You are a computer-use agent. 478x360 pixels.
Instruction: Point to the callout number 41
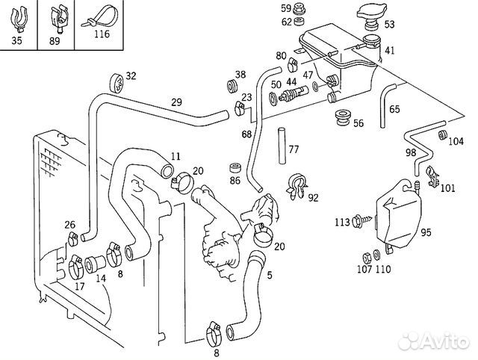point(390,51)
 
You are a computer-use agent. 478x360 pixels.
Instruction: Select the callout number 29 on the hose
point(176,102)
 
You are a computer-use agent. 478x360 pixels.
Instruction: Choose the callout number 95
point(426,233)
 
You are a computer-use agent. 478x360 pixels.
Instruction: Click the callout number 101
point(447,188)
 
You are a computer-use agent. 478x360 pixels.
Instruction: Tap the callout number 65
point(394,110)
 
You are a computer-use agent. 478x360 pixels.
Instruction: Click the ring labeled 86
point(235,167)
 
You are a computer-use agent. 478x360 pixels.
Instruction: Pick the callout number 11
point(176,156)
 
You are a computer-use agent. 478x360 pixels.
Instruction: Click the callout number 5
point(269,274)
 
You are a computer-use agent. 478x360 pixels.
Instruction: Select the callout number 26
point(69,225)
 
